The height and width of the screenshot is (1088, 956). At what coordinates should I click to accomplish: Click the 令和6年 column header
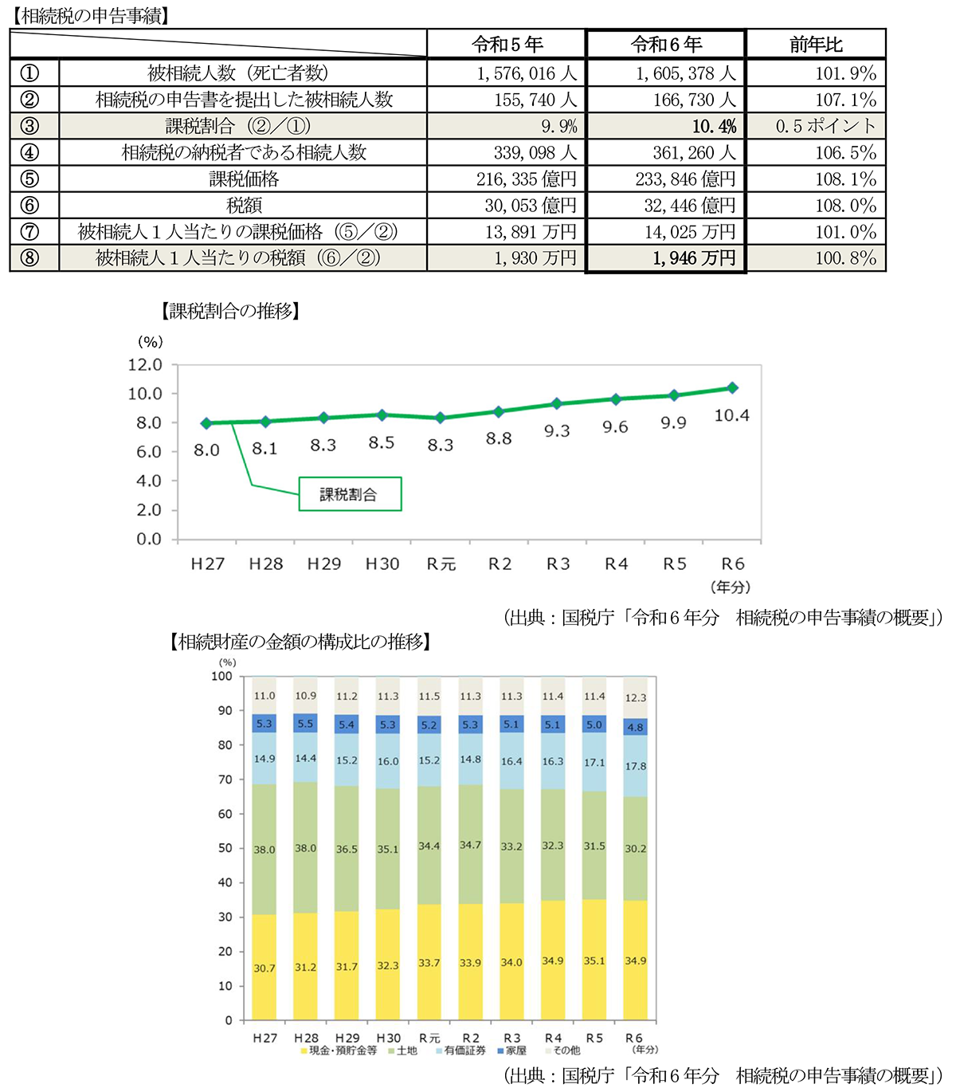[666, 45]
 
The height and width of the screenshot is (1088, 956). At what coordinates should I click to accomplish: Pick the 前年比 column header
[816, 45]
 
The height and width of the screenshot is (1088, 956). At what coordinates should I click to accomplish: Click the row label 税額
[244, 206]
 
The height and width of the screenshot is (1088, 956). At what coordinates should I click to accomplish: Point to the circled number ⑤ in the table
[29, 179]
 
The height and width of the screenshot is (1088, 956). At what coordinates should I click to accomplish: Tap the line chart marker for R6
[732, 388]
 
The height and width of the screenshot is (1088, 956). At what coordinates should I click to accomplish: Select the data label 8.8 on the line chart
[499, 438]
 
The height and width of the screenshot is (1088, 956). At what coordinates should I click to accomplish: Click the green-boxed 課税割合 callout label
[349, 494]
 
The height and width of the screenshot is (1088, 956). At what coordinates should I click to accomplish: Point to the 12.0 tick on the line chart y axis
[145, 365]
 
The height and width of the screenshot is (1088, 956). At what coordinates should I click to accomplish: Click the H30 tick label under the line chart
[382, 564]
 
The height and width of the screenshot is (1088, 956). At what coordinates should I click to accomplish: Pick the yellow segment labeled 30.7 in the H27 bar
[264, 968]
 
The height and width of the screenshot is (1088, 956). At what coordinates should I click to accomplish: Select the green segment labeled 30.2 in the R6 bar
[635, 849]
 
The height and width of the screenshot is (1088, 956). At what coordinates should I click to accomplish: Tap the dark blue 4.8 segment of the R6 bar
[635, 727]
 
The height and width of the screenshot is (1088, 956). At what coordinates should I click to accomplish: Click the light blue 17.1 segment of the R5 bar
[594, 763]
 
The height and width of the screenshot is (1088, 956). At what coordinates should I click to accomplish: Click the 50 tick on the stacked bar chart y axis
[225, 848]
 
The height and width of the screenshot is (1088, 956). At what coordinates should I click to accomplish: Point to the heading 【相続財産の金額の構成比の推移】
[300, 642]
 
